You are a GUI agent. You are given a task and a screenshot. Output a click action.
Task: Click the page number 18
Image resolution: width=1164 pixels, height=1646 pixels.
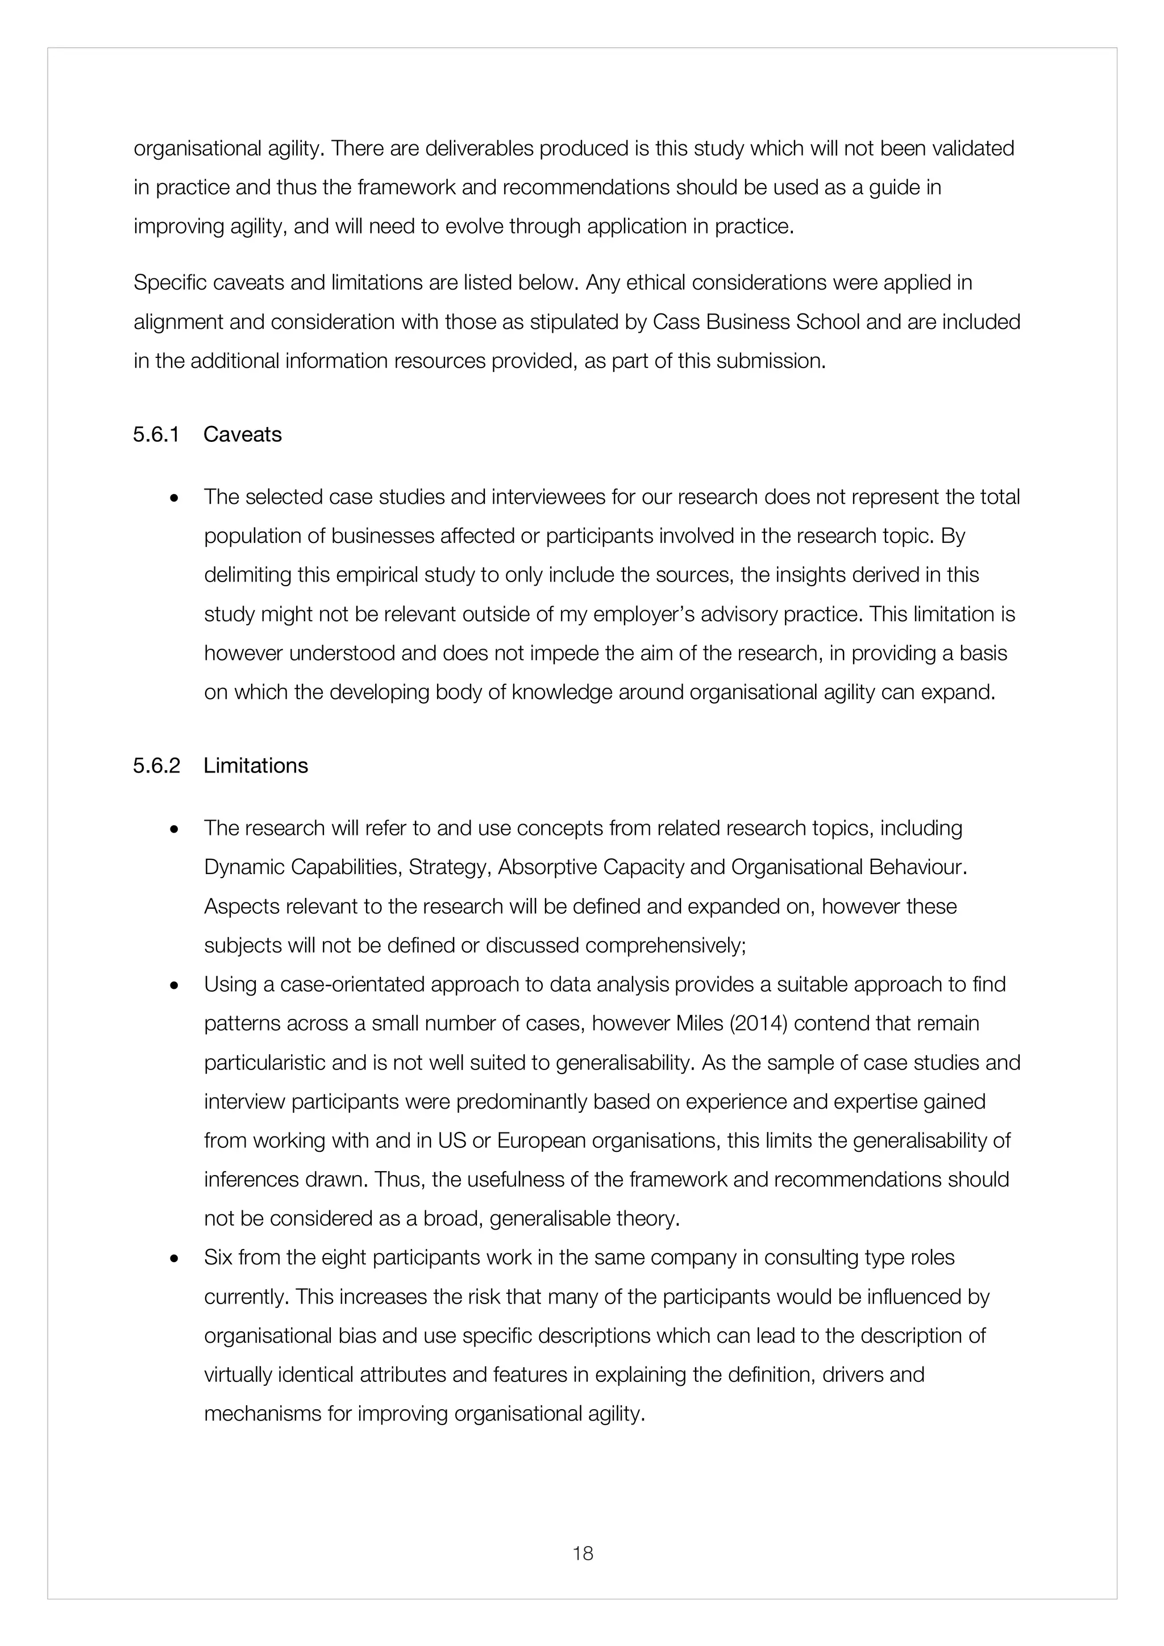[x=583, y=1553]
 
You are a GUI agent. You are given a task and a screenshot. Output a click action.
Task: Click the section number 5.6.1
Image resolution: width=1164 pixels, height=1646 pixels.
[x=156, y=435]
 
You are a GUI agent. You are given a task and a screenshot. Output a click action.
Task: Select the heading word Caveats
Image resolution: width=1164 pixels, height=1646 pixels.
[x=243, y=435]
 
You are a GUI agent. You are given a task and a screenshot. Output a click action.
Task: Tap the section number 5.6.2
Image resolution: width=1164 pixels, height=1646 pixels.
[x=156, y=766]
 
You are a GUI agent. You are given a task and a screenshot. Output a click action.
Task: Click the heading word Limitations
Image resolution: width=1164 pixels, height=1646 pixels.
[x=255, y=766]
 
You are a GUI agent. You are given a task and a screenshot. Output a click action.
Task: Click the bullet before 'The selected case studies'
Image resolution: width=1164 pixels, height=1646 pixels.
[x=173, y=498]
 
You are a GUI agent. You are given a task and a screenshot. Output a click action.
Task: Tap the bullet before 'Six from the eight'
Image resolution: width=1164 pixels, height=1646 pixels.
[x=173, y=1259]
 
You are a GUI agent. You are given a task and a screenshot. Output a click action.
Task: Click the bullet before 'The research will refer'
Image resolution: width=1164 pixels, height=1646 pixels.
[x=173, y=829]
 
